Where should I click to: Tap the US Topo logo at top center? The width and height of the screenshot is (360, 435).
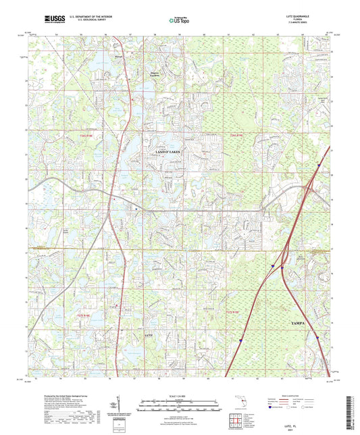[178, 20]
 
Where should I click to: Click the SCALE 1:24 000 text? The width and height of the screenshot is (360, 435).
[179, 396]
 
